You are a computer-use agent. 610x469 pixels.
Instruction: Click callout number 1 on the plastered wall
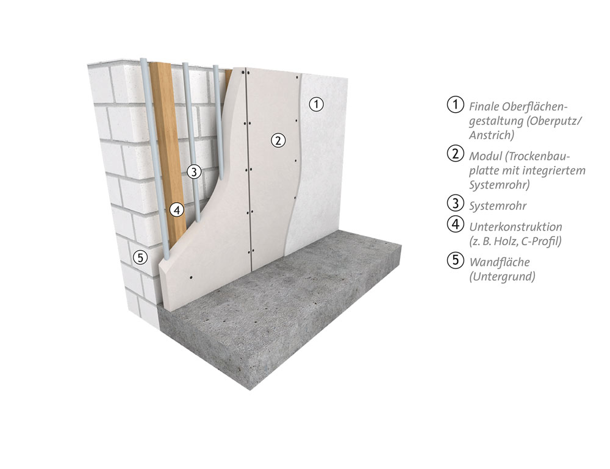tap(316, 104)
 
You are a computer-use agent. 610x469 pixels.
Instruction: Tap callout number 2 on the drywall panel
tap(278, 140)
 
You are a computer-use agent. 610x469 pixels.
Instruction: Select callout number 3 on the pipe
tap(194, 171)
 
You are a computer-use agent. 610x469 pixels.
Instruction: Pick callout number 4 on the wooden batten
tap(177, 210)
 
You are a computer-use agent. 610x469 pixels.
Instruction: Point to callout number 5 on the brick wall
tap(140, 257)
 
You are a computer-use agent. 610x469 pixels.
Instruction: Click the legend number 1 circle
tap(456, 105)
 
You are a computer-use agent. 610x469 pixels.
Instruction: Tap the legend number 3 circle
tap(456, 202)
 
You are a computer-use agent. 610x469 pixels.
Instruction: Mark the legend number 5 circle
tap(456, 259)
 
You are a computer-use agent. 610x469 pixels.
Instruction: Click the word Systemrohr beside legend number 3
tap(498, 206)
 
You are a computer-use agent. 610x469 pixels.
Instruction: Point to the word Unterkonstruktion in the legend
tap(515, 227)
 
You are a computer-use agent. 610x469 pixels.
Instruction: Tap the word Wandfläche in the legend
tap(500, 262)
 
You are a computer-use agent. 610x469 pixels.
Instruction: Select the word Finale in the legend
tap(484, 107)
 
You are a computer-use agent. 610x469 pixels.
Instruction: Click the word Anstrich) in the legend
tap(491, 135)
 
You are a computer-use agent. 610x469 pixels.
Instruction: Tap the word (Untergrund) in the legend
tap(502, 276)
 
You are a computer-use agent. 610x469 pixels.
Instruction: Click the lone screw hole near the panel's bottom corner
tap(191, 277)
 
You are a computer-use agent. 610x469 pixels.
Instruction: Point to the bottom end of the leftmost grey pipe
tap(167, 257)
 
